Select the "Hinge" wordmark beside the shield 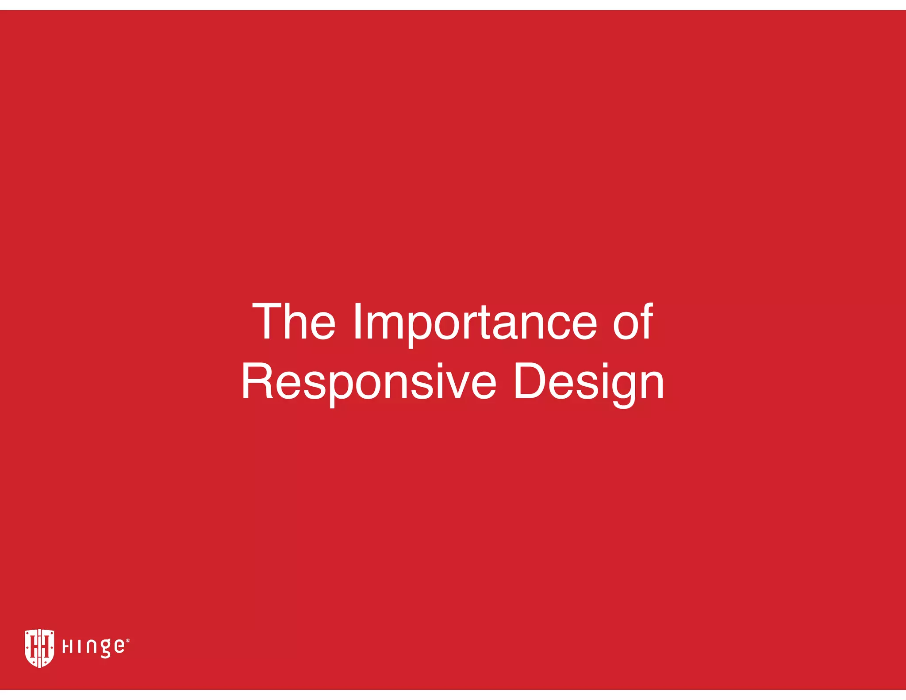point(94,647)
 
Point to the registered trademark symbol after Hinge point(128,640)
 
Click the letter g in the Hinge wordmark point(105,649)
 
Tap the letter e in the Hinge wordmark point(119,647)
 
